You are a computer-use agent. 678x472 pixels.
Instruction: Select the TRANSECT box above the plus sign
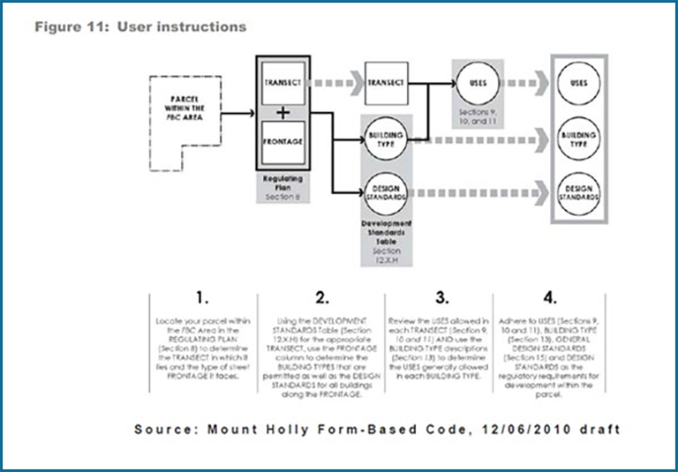(282, 82)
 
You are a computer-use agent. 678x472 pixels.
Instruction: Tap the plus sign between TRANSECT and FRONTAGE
(282, 112)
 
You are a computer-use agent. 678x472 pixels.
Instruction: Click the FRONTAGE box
(282, 141)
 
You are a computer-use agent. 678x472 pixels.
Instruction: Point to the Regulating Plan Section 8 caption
(283, 190)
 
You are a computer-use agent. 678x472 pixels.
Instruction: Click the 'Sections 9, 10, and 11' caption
(478, 119)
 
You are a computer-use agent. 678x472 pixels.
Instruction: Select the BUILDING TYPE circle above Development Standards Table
(386, 141)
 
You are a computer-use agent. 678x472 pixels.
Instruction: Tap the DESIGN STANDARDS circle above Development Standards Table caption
(386, 197)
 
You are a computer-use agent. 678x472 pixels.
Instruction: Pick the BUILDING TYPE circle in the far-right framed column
(579, 141)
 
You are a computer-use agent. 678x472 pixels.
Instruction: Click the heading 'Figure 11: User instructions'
(140, 26)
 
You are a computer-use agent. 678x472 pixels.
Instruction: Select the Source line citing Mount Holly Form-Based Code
(377, 429)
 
